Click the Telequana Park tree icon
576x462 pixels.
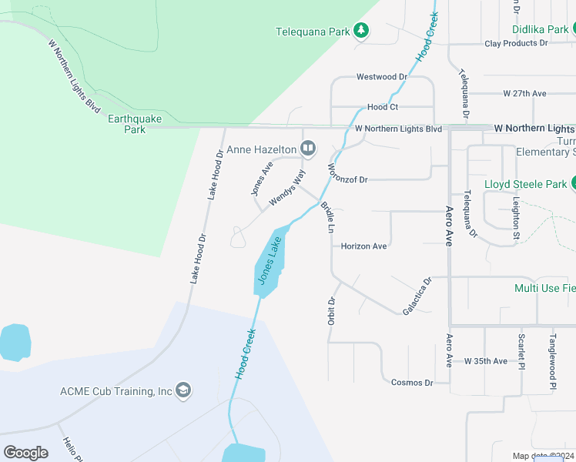(x=361, y=31)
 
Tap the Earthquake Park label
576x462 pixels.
(x=127, y=124)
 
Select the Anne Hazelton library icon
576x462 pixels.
(x=308, y=148)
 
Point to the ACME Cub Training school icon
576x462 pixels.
(x=183, y=390)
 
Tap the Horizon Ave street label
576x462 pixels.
(x=363, y=246)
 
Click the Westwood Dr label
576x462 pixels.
(x=381, y=77)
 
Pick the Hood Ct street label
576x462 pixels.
(x=383, y=107)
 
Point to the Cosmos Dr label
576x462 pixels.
(x=412, y=383)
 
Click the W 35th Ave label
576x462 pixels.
(x=486, y=361)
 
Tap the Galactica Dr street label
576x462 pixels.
(x=417, y=296)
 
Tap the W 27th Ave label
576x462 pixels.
(x=524, y=93)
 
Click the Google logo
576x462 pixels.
(x=26, y=453)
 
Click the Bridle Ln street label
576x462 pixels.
(x=328, y=216)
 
